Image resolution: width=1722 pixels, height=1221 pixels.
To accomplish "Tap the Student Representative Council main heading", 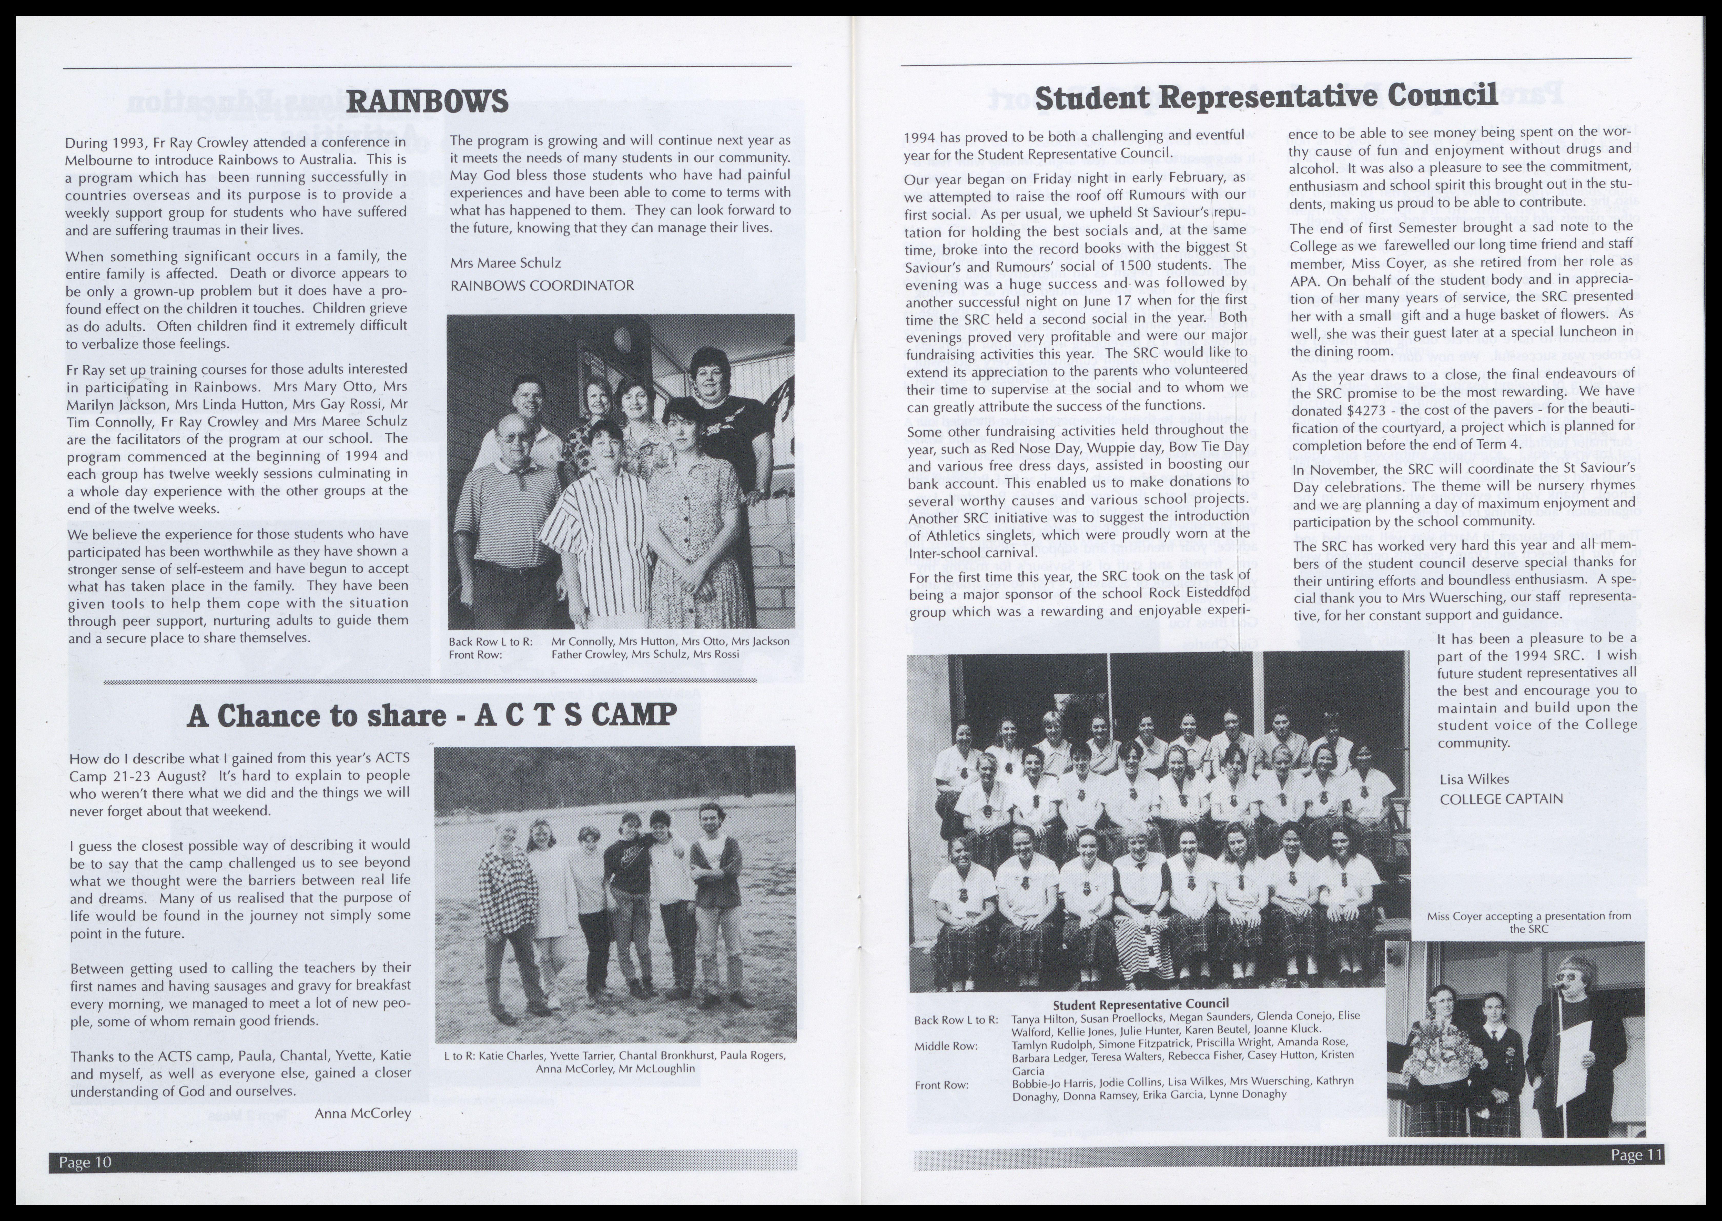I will (1265, 96).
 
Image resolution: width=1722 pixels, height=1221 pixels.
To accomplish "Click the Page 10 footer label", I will (85, 1162).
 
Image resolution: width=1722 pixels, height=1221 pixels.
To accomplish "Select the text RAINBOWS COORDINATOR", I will (541, 286).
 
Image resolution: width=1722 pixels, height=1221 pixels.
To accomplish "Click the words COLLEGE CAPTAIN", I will (1501, 798).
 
